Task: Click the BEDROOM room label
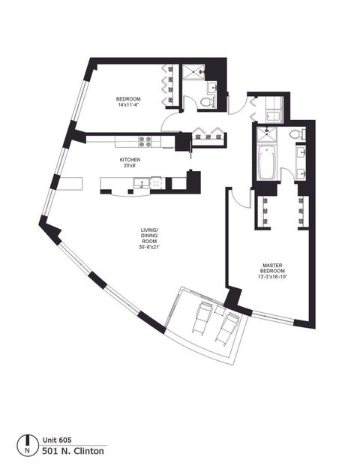130,99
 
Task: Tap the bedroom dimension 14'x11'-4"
130,106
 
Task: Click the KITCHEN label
130,159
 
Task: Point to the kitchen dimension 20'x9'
130,166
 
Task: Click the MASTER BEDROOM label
271,268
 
